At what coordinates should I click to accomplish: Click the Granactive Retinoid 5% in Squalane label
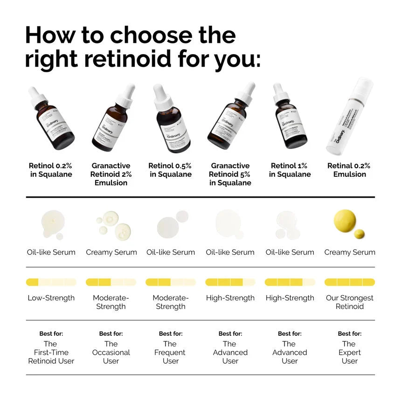[230, 174]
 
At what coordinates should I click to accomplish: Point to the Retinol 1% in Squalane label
[290, 170]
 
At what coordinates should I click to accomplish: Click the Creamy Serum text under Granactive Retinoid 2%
[111, 252]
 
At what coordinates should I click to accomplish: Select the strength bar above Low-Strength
[51, 282]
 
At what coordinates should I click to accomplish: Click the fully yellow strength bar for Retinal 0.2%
[350, 282]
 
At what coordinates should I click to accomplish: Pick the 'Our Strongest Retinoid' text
[350, 302]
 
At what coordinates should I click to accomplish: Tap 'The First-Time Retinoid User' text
[51, 353]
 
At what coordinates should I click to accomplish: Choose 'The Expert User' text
[350, 353]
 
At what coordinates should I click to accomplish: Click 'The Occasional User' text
[111, 353]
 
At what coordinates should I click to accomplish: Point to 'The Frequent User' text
[171, 353]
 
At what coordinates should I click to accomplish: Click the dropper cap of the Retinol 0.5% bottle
[162, 97]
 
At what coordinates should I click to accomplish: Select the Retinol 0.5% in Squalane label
[171, 170]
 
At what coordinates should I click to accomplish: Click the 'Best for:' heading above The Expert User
[350, 333]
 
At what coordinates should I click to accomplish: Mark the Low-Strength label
[51, 298]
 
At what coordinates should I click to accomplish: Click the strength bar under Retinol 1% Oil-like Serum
[290, 282]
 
